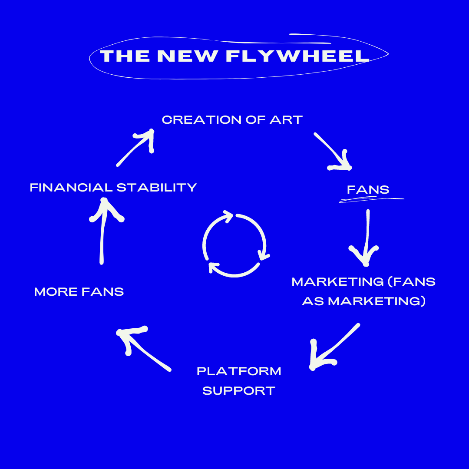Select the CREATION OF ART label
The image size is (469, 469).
coord(232,120)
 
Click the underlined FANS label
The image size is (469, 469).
coord(368,190)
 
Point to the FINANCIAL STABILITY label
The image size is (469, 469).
coord(113,188)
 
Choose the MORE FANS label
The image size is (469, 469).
coord(79,291)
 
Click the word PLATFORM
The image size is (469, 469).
coord(239,371)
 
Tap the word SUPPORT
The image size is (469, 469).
coord(239,391)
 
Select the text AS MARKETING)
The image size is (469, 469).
coord(363,301)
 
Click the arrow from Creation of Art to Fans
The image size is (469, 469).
coord(333,151)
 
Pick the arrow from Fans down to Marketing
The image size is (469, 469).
coord(367,237)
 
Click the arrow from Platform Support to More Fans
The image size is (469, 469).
coord(143,347)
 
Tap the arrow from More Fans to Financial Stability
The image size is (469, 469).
coord(103,230)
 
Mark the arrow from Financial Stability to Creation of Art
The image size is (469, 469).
coord(137,148)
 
